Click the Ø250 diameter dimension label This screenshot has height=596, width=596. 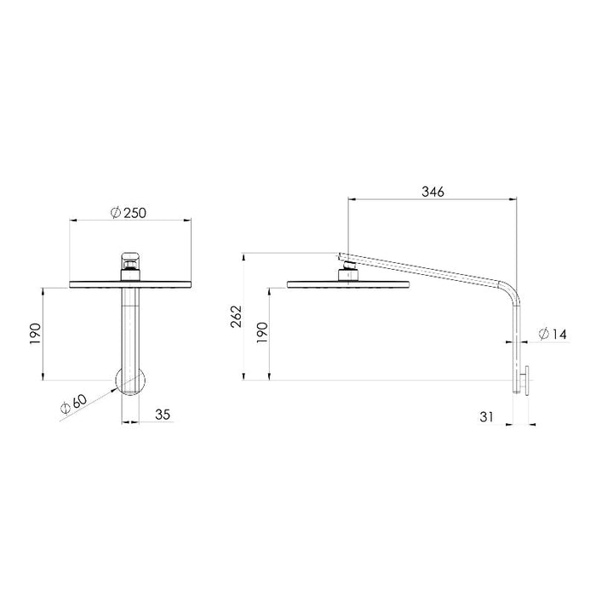[x=129, y=212]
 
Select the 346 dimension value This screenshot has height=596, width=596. [x=432, y=192]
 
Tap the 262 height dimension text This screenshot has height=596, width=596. [x=237, y=316]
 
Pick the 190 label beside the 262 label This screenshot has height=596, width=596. [x=263, y=333]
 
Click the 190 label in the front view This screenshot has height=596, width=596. [x=35, y=333]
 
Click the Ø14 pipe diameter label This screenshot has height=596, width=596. [x=553, y=335]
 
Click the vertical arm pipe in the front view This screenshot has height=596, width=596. [x=129, y=328]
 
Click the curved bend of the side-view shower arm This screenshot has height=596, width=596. [x=511, y=295]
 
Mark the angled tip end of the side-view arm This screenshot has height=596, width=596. [x=341, y=255]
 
